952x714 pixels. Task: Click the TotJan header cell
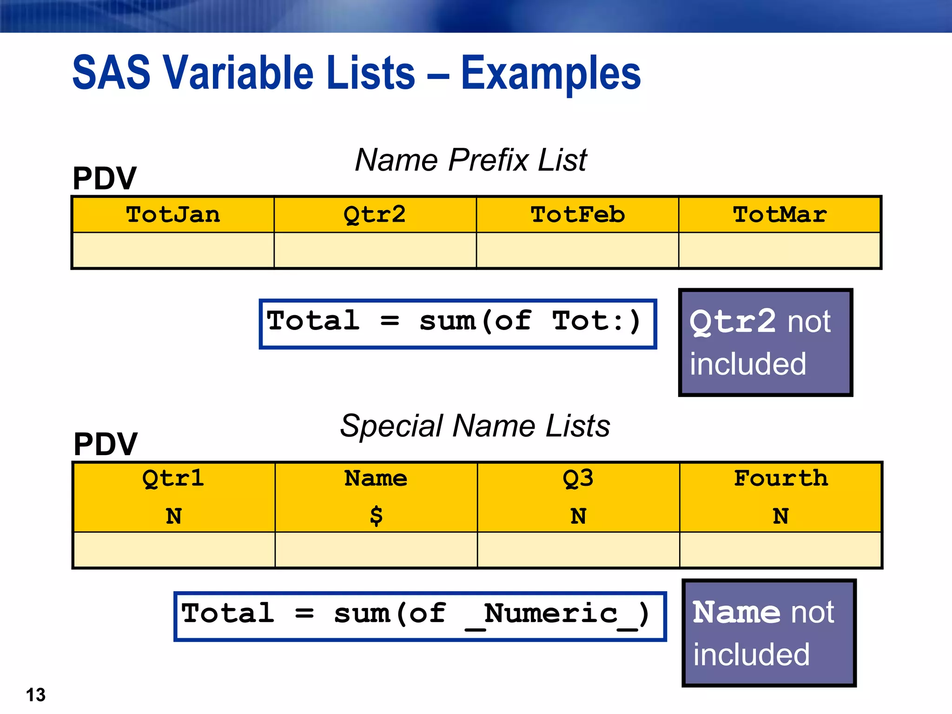coord(173,215)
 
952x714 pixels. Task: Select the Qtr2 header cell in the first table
coord(375,215)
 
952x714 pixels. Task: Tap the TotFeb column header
coord(577,215)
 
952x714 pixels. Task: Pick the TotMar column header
coord(780,215)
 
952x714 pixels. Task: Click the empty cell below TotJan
coord(173,250)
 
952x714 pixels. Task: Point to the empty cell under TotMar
coord(780,250)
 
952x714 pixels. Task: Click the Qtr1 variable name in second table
coord(173,478)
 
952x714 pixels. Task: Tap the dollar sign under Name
coord(376,516)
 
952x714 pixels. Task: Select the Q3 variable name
coord(578,478)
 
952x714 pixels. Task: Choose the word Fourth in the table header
coord(781,478)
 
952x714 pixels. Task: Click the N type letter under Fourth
coord(781,516)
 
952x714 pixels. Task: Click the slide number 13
coord(36,695)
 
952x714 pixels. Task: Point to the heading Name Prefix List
coord(470,160)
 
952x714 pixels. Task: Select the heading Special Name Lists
coord(475,426)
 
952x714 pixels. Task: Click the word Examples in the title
coord(551,73)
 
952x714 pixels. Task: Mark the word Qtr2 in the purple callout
coord(732,321)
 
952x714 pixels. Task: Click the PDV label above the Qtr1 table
coord(106,444)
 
